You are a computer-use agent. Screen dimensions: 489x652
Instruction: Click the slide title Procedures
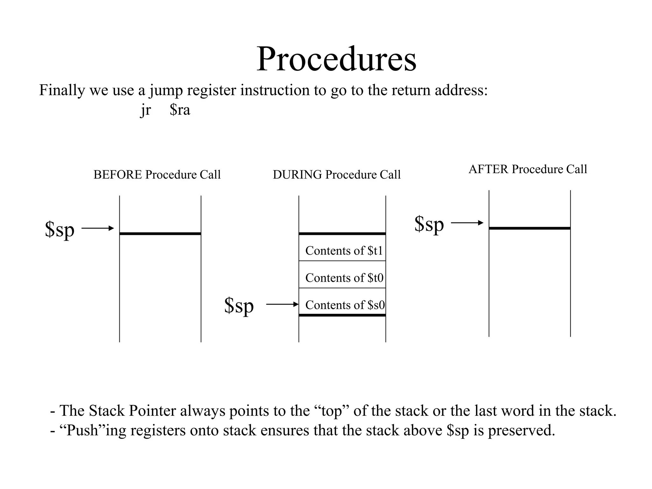(x=336, y=59)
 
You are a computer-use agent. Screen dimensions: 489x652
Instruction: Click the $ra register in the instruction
(x=180, y=110)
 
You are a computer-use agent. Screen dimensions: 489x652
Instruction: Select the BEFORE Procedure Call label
(x=157, y=175)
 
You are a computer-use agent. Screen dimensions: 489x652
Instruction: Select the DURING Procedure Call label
(x=337, y=175)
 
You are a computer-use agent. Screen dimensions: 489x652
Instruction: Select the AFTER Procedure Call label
(x=528, y=169)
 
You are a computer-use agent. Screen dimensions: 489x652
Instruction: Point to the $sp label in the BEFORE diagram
(x=60, y=229)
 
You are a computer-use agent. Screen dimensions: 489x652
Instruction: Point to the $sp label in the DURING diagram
(x=239, y=306)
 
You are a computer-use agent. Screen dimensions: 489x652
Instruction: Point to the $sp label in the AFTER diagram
(x=429, y=224)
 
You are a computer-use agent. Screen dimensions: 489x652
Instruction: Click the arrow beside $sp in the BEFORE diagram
(x=98, y=228)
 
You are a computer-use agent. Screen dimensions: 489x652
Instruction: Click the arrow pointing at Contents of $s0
(x=282, y=304)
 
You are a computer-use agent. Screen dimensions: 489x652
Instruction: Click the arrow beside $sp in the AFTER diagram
(x=467, y=223)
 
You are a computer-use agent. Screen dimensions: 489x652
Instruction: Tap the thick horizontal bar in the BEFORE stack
(x=160, y=234)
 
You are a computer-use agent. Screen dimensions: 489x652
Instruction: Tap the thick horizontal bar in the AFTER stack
(x=529, y=228)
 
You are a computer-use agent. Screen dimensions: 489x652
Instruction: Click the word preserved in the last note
(x=521, y=430)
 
